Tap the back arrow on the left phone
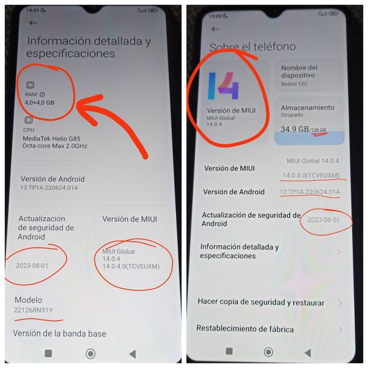(33, 23)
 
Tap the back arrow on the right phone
(216, 29)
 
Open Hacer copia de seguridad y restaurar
(260, 302)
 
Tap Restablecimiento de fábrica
(245, 329)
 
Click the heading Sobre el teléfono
(252, 47)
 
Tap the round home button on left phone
(90, 353)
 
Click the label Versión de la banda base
(59, 333)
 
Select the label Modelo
(28, 300)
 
